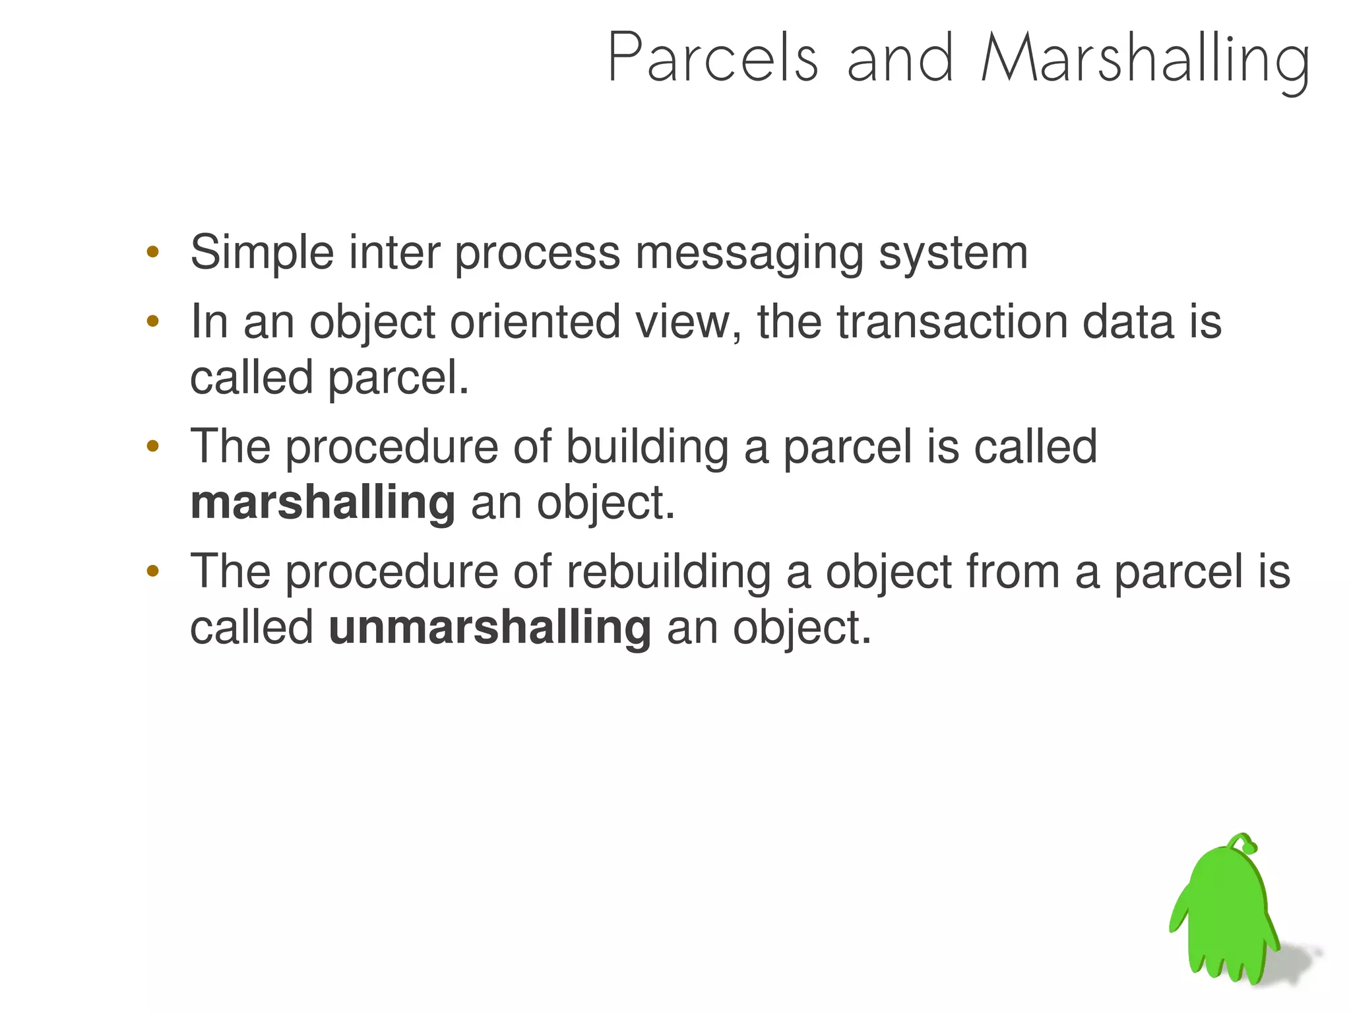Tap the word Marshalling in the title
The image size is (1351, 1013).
[x=1145, y=59]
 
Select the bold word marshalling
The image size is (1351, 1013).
[x=323, y=503]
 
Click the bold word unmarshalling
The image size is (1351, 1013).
[x=489, y=628]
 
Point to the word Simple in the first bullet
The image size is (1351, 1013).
[x=262, y=253]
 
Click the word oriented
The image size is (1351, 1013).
[x=535, y=322]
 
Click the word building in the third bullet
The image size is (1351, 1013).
[x=647, y=447]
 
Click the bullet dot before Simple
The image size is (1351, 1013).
[x=153, y=252]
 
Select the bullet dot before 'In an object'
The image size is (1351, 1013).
[x=153, y=322]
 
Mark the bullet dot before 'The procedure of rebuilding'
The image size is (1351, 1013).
[x=153, y=572]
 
